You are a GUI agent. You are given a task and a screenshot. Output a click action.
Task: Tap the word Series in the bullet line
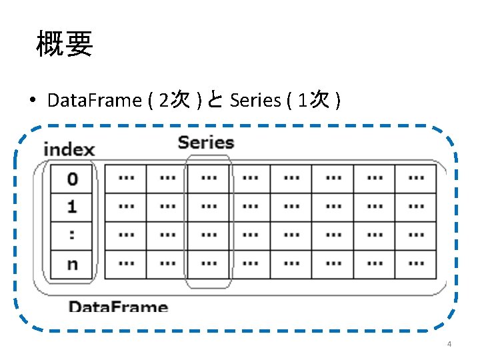point(255,101)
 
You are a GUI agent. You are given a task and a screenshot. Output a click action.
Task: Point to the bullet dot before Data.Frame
point(32,101)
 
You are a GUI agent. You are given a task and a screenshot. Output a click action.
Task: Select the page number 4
point(449,344)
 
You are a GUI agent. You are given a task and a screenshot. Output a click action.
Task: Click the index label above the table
point(69,149)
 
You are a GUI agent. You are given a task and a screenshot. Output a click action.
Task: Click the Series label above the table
point(206,142)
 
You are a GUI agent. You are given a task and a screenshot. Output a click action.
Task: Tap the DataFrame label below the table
point(118,307)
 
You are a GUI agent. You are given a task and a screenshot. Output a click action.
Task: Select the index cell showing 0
point(72,179)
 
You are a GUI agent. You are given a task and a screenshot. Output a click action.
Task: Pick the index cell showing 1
point(72,207)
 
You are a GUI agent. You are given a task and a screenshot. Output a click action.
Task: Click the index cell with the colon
point(72,235)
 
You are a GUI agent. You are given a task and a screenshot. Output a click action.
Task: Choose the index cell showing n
point(72,264)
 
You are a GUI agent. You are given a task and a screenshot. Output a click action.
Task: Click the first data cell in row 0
point(125,179)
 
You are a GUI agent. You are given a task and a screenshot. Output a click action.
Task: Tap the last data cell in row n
point(415,264)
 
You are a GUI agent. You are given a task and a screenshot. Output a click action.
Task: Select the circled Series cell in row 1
point(208,207)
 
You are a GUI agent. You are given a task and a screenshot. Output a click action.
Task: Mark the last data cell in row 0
point(415,179)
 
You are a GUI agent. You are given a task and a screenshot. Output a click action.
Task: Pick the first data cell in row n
point(125,264)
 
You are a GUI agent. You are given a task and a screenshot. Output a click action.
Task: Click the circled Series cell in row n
point(208,264)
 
